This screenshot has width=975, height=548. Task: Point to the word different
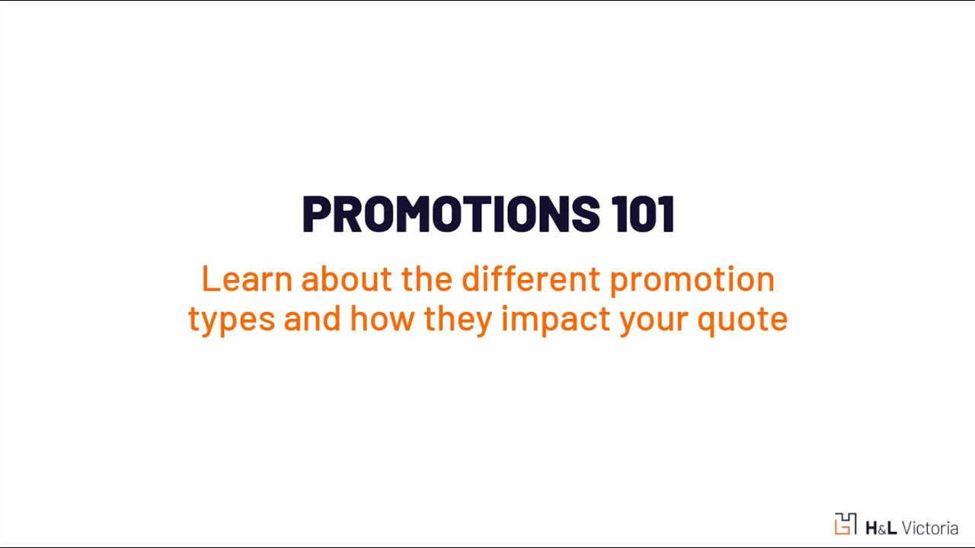point(531,279)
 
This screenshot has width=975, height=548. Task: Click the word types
point(232,320)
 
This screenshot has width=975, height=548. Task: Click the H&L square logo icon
point(846,524)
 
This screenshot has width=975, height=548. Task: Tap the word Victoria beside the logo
point(929,527)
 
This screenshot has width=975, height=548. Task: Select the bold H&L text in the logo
point(881,527)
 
